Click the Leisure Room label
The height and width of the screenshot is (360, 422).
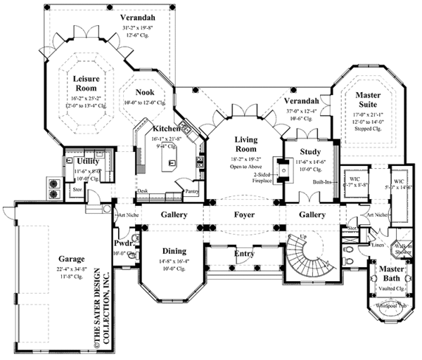click(87, 84)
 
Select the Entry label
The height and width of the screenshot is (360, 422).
click(245, 253)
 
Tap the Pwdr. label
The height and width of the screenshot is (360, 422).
click(124, 243)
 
